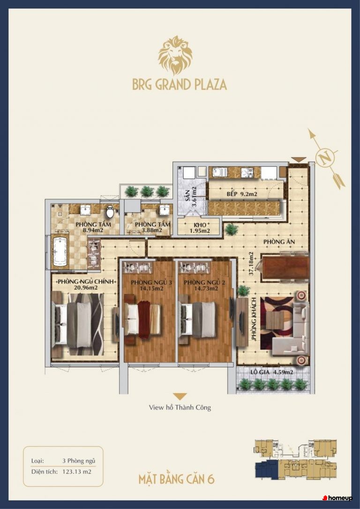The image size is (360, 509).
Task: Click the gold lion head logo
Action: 175,55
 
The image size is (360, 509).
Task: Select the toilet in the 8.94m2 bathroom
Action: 110,211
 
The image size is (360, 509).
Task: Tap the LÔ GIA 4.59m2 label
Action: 271,372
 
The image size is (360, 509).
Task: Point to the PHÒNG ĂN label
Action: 279,242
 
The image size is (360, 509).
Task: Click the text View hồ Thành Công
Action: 180,407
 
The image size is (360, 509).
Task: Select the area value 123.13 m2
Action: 76,472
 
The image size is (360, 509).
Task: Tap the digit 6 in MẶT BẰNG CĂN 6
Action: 210,479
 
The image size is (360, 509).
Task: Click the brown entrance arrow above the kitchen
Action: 298,160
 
